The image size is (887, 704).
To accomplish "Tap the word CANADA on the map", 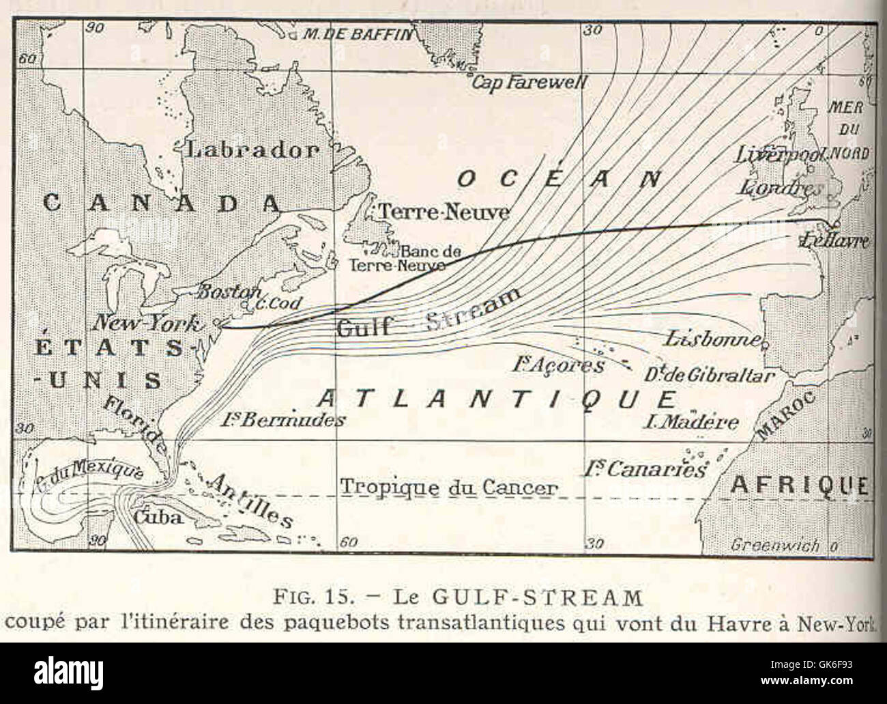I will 162,203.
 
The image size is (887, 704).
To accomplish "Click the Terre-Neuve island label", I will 443,212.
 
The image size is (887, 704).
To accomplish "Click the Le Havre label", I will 835,241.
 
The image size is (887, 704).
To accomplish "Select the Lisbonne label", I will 712,339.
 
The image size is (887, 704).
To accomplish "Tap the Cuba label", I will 157,517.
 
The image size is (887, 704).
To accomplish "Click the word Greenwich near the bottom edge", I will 775,545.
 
